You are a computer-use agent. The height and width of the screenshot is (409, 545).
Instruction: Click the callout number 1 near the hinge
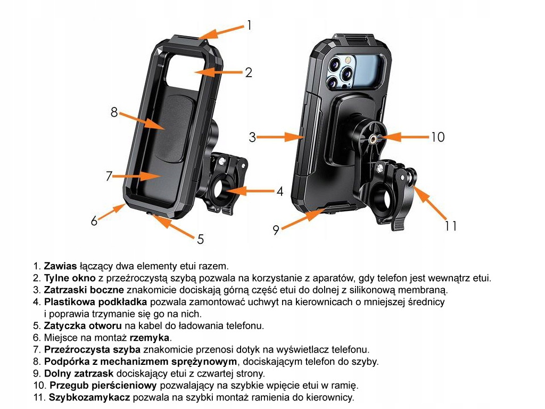[x=249, y=25]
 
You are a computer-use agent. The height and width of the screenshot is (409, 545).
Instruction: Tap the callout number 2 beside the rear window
[x=248, y=73]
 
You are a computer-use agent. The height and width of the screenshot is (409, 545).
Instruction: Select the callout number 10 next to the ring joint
[x=437, y=137]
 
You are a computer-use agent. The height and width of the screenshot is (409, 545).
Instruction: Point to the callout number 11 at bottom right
[x=451, y=226]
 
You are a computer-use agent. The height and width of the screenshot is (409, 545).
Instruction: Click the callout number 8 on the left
[x=114, y=112]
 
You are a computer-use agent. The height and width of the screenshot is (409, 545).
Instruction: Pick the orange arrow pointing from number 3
[x=280, y=137]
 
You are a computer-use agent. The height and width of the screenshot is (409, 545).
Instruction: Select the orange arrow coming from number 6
[x=112, y=212]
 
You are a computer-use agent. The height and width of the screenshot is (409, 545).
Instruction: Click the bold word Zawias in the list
[x=61, y=265]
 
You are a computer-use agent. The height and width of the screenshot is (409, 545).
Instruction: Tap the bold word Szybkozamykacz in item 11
[x=89, y=397]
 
